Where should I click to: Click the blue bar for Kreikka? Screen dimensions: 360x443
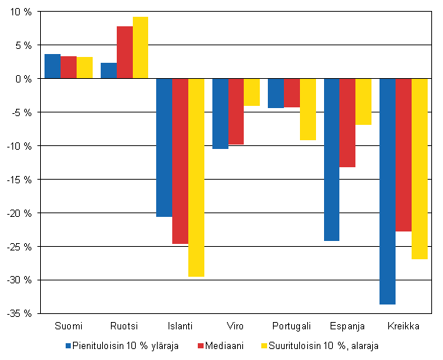[x=388, y=191]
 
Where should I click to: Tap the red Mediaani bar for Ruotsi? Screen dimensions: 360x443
[x=124, y=53]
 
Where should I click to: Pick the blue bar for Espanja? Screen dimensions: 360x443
[x=331, y=159]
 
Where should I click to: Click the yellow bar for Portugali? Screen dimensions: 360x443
[x=307, y=109]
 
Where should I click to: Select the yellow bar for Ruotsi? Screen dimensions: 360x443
[x=140, y=47]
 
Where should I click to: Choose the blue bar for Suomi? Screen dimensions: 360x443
[x=53, y=66]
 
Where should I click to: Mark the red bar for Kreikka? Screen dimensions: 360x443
[x=404, y=155]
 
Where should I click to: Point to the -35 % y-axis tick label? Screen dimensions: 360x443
[x=19, y=313]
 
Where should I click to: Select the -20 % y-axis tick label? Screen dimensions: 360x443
[x=19, y=213]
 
